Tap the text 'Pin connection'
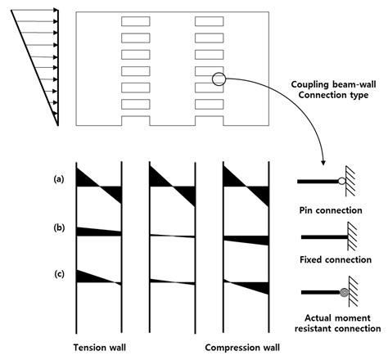point(331,210)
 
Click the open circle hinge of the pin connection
point(342,181)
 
